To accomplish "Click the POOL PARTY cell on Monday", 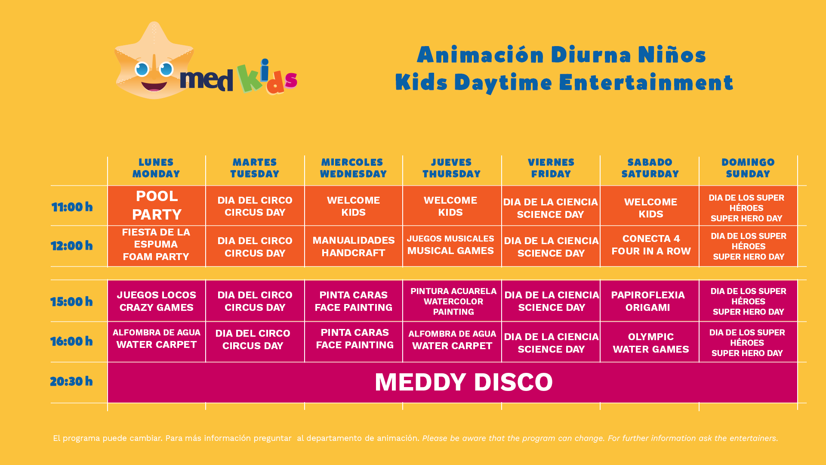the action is point(157,205).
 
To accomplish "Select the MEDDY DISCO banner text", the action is point(463,382).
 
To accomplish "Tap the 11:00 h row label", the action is point(72,207).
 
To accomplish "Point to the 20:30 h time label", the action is point(71,381).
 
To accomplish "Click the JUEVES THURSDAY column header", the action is point(451,168).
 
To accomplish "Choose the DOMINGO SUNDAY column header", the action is point(748,168).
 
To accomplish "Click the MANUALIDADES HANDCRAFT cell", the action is point(354,246).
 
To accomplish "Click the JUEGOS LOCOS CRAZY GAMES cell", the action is point(157,301).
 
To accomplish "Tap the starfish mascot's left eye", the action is point(142,69).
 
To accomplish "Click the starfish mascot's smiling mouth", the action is point(154,85).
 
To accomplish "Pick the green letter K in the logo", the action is point(249,78).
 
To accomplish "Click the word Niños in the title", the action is point(672,55).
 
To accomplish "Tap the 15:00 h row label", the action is point(71,302).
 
